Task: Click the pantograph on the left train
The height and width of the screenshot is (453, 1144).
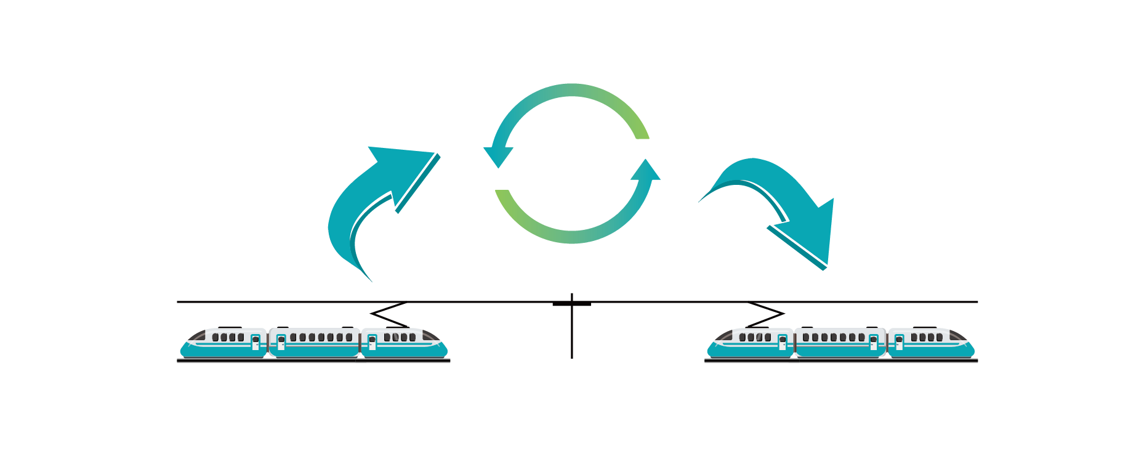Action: point(388,315)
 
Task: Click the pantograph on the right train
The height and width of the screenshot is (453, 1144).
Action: point(766,314)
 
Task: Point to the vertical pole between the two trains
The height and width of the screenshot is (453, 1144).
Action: point(572,333)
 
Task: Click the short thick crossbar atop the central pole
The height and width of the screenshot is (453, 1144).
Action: point(572,304)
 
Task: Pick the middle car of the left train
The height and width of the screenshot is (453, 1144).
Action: point(314,343)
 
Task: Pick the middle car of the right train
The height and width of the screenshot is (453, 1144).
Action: point(840,343)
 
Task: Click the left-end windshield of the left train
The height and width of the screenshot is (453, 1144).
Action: point(197,336)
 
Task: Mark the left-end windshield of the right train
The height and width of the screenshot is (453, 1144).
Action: point(723,336)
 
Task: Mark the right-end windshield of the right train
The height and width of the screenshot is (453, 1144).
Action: point(958,336)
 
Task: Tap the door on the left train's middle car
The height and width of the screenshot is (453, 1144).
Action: point(281,342)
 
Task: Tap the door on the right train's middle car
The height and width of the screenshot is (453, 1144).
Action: point(873,342)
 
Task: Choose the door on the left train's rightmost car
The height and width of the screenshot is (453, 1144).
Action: point(372,342)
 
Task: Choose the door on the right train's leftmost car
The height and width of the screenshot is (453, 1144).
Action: point(783,342)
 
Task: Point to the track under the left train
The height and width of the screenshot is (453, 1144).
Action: point(313,360)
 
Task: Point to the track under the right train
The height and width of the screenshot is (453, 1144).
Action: point(841,360)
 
